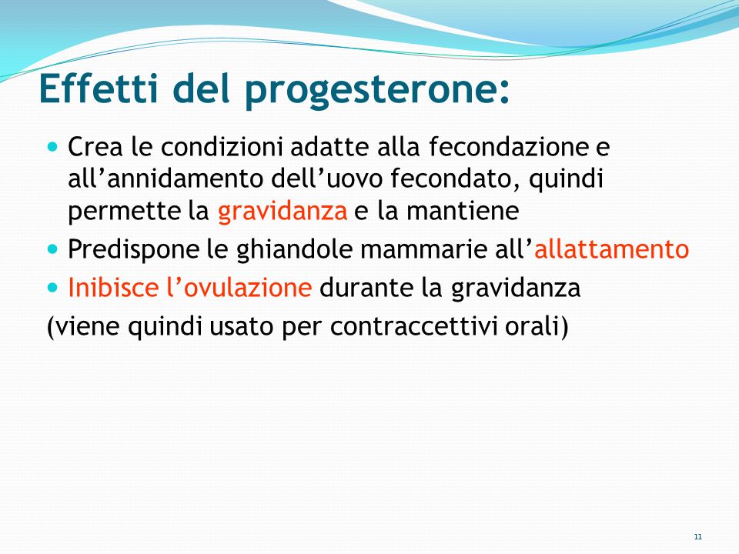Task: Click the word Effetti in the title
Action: coord(99,88)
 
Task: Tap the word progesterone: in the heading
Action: coord(377,92)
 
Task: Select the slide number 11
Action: coord(698,536)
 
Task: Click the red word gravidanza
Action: coord(283,212)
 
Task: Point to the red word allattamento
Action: coord(611,249)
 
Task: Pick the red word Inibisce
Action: coord(114,287)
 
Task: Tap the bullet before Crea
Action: coord(52,146)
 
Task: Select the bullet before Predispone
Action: coord(52,249)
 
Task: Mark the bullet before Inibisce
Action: coord(52,287)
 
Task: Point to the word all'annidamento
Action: coord(166,179)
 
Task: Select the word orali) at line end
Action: coord(537,326)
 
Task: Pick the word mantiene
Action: coord(463,211)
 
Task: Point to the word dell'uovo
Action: coord(327,179)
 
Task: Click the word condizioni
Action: coord(222,146)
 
